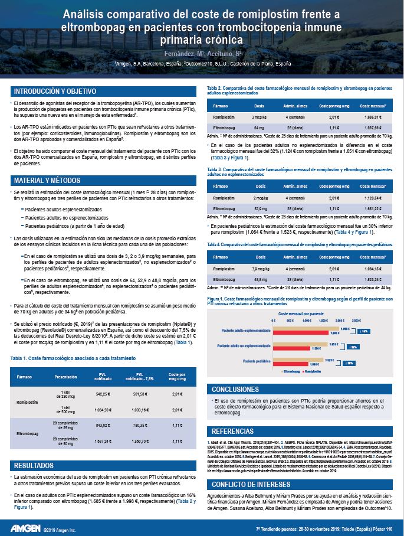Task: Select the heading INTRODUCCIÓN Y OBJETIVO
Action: point(55,91)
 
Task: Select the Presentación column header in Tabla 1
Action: point(65,377)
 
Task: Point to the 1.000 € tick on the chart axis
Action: point(306,319)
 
